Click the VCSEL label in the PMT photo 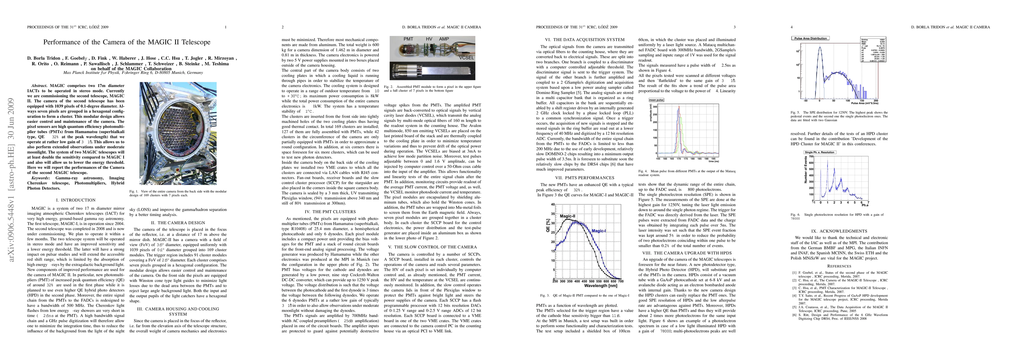(466, 58)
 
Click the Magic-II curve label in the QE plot (568, 216)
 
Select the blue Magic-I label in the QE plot (599, 231)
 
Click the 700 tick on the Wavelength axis (620, 281)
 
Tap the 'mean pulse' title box (656, 100)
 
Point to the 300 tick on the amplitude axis (655, 107)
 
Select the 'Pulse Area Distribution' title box (810, 38)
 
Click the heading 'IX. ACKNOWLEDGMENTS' (839, 231)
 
